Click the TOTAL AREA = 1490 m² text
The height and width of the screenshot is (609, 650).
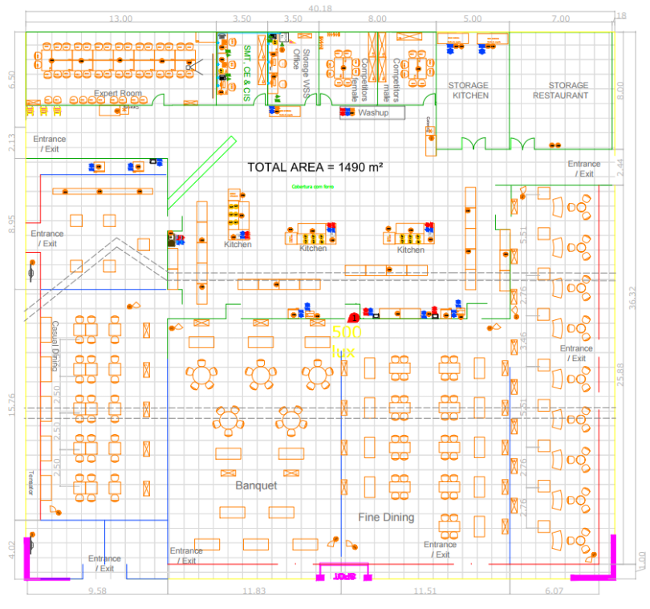(x=314, y=167)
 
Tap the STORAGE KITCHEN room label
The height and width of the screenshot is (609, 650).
(x=469, y=90)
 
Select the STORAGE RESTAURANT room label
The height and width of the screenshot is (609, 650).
(x=560, y=90)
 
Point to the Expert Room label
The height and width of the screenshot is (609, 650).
(x=118, y=94)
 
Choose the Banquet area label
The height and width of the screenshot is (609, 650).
(x=256, y=485)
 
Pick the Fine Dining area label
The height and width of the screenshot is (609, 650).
(x=386, y=518)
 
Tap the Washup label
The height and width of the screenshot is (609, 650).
(x=373, y=112)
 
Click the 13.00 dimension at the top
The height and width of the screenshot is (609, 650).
(x=120, y=18)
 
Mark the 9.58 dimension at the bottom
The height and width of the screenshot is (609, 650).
(x=97, y=591)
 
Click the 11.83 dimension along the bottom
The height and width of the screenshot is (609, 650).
(x=254, y=591)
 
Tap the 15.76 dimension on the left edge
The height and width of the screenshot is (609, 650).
(x=11, y=404)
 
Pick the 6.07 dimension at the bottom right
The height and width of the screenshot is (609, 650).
(x=554, y=591)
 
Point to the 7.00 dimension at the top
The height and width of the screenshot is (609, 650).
(x=560, y=18)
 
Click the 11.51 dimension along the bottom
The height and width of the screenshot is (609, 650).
(x=425, y=591)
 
